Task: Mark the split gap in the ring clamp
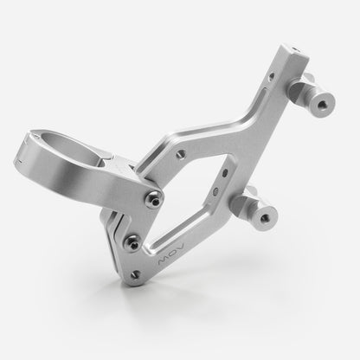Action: [23, 157]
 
